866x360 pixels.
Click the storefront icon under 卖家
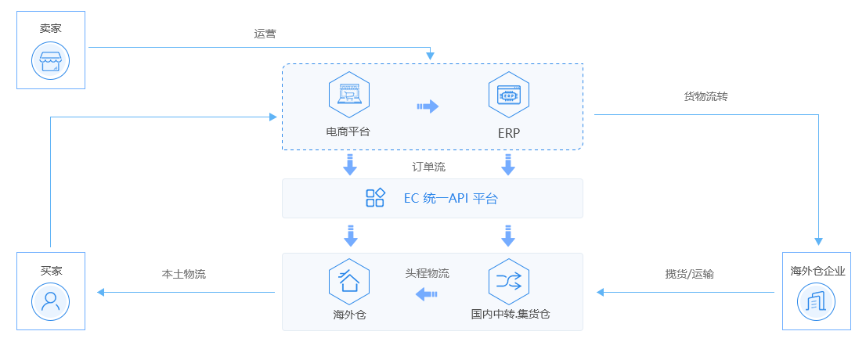(51, 60)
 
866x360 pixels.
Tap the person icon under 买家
(51, 301)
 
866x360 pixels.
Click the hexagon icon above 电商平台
(348, 95)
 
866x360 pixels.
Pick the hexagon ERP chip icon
(508, 95)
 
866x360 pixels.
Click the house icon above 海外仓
(348, 281)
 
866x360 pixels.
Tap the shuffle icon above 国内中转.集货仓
(508, 281)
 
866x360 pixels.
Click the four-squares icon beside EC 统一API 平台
(375, 198)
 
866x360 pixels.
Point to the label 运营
(265, 34)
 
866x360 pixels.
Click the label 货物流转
(706, 96)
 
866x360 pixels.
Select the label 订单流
(429, 167)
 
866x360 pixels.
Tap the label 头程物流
(428, 274)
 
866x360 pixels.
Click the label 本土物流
(183, 274)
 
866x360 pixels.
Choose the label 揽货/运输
(689, 274)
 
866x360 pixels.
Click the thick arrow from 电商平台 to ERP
(428, 106)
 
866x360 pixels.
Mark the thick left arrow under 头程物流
(427, 294)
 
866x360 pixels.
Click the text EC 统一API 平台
(450, 199)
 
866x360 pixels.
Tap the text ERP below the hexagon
(509, 132)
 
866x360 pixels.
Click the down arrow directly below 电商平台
(350, 164)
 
